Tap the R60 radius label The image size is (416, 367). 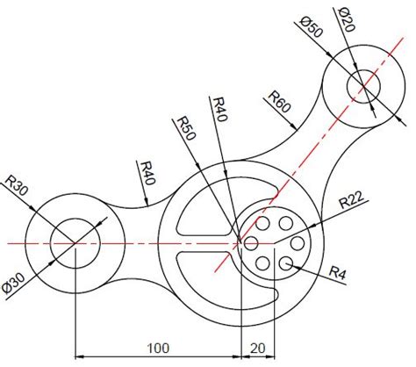[x=279, y=101]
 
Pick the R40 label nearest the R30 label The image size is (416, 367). [x=146, y=172]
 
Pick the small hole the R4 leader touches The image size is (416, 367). [x=284, y=262]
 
